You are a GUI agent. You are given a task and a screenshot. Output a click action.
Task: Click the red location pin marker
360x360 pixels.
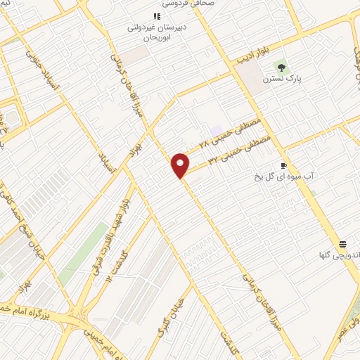click(180, 165)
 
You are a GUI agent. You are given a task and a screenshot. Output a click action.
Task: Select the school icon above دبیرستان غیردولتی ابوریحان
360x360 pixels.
click(157, 17)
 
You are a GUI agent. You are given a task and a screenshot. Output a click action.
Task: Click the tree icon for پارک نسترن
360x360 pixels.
click(281, 68)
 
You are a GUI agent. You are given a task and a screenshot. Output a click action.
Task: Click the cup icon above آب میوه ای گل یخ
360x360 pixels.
click(283, 166)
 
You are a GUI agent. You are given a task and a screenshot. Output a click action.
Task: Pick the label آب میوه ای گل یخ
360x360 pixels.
click(281, 178)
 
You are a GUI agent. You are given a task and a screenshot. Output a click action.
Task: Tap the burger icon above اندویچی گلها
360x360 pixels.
click(342, 244)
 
